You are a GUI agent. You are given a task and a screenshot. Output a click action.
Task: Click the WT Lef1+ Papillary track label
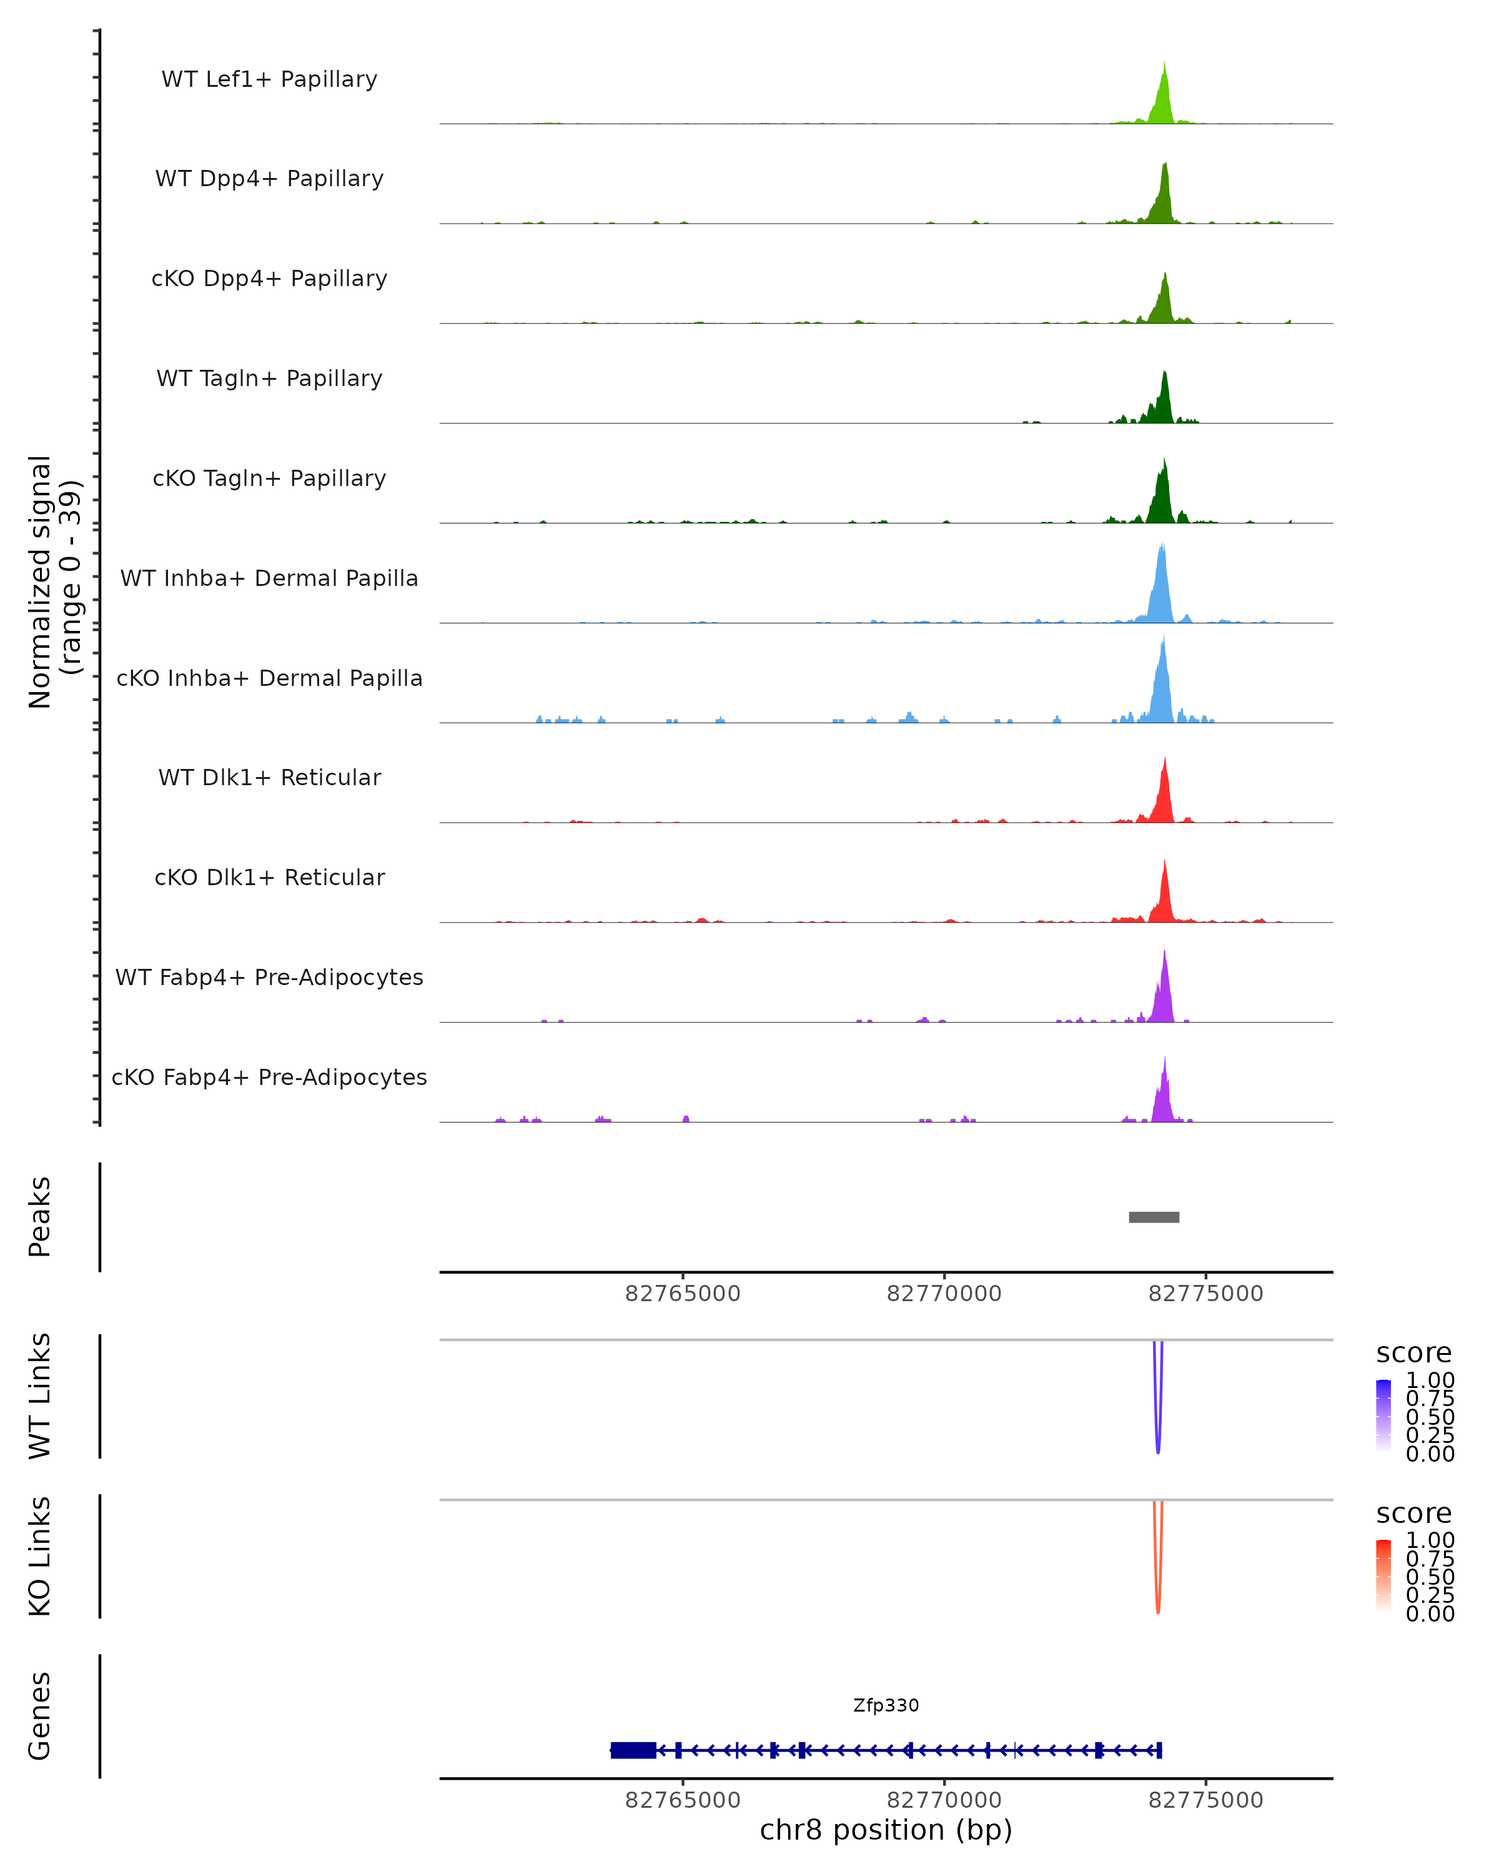click(x=269, y=79)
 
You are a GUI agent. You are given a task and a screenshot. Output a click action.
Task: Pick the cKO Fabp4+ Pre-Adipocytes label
click(x=269, y=1077)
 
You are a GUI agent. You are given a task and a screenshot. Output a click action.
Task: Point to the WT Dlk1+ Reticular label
click(x=269, y=777)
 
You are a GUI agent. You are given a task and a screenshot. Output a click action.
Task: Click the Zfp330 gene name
click(x=886, y=1705)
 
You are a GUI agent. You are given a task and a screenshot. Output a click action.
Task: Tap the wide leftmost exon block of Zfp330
click(x=633, y=1750)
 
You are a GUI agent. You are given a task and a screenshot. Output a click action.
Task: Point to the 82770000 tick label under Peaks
click(x=944, y=1294)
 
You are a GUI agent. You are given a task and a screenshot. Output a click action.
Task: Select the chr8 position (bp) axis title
click(x=886, y=1830)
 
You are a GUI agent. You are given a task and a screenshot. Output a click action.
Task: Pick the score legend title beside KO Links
click(x=1413, y=1514)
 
